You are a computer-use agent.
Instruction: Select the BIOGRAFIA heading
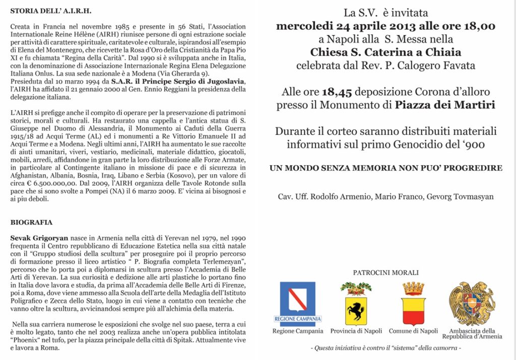[31, 222]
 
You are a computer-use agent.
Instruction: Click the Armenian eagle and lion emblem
[472, 304]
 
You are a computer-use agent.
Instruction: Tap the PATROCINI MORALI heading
[385, 273]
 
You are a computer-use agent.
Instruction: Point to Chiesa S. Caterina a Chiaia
[385, 52]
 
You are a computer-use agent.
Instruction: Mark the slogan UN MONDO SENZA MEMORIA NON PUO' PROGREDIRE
[385, 168]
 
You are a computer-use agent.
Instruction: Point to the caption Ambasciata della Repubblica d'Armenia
[472, 334]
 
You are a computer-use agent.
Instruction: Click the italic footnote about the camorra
[385, 348]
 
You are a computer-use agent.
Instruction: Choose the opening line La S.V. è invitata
[385, 13]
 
